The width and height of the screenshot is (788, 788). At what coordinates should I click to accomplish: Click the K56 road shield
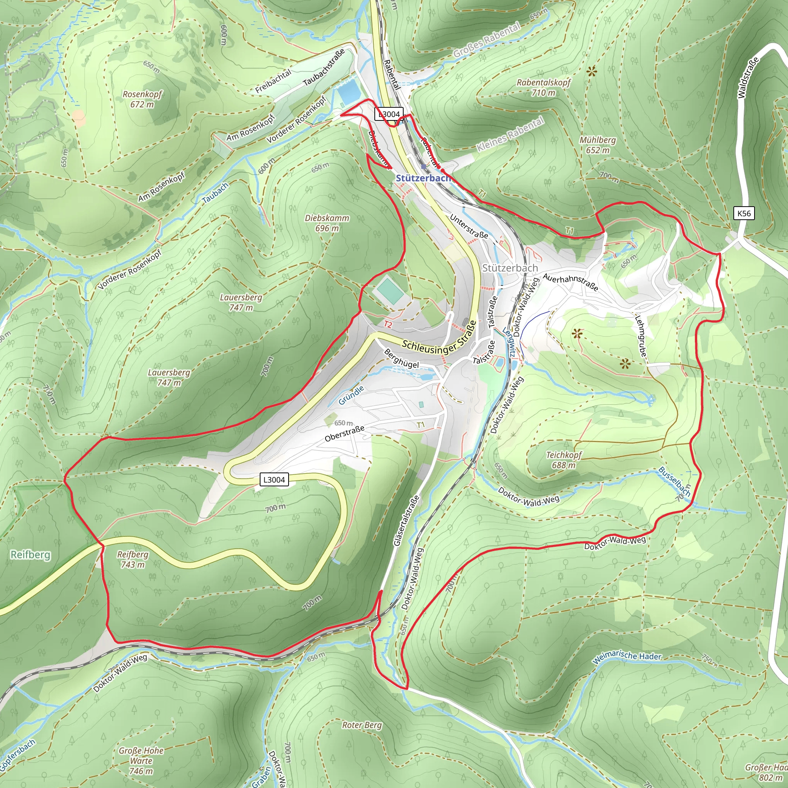[744, 213]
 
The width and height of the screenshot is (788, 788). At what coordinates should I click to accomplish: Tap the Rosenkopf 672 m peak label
[142, 99]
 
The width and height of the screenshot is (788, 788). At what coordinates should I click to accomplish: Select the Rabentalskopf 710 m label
[544, 87]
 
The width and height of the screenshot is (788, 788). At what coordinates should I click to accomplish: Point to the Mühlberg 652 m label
[598, 145]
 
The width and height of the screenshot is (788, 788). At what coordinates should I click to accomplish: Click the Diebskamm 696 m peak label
[327, 223]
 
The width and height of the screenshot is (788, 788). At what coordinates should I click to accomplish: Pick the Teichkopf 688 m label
[564, 460]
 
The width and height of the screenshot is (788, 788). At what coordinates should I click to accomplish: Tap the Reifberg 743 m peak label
[133, 559]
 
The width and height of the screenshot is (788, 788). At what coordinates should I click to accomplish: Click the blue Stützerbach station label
[423, 178]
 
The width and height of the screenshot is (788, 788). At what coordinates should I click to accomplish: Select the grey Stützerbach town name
[510, 268]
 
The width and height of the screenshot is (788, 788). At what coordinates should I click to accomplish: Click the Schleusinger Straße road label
[439, 343]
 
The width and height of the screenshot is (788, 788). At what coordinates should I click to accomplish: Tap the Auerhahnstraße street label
[571, 283]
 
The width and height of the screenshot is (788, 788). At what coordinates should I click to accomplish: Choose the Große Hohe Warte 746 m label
[141, 761]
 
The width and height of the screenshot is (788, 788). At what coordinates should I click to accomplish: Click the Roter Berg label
[362, 725]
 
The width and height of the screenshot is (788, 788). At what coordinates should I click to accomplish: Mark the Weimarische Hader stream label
[626, 656]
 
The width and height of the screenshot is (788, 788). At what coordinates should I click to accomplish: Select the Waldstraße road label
[748, 77]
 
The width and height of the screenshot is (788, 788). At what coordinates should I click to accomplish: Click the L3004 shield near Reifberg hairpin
[274, 480]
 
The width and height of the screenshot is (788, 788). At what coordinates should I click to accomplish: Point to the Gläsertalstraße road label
[407, 521]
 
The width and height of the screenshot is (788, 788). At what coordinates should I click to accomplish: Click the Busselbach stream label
[675, 482]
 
